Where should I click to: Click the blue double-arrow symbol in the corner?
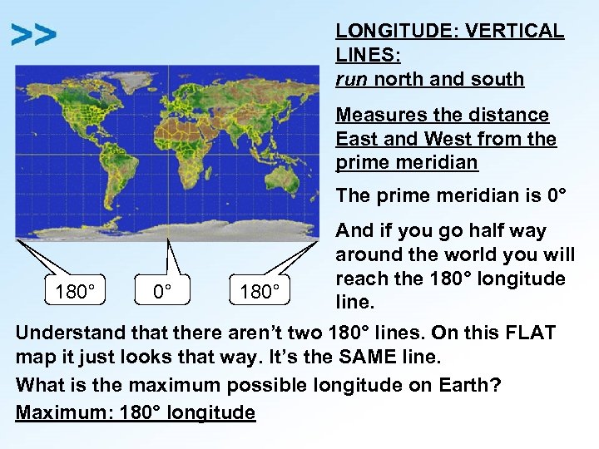34,35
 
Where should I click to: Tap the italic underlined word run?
352,79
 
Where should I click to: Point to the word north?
399,79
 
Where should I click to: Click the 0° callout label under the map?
162,293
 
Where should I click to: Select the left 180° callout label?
74,293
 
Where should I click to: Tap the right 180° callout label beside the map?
259,293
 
